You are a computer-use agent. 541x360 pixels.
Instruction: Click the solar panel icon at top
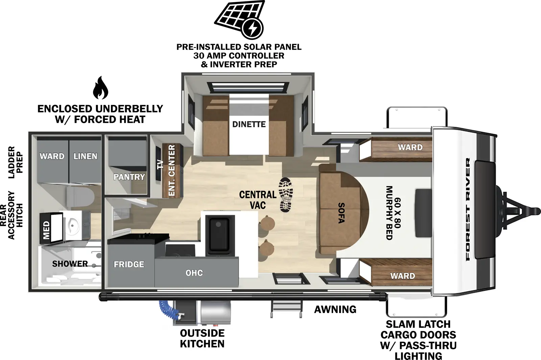[x=239, y=19]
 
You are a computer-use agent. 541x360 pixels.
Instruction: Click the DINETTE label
[x=249, y=125]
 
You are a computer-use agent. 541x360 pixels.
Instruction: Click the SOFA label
[x=342, y=213]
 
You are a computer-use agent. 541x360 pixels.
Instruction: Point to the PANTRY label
[x=129, y=177]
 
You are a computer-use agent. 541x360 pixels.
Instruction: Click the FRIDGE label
[x=129, y=264]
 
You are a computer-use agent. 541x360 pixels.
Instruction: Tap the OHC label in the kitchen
[x=194, y=273]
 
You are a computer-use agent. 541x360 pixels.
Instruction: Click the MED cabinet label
[x=47, y=230]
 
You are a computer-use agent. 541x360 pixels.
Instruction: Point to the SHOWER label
[x=70, y=264]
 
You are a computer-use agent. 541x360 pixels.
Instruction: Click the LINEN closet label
[x=85, y=156]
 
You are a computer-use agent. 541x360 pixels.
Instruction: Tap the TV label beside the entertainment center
[x=160, y=164]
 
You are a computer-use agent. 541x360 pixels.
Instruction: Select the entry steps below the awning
[x=286, y=309]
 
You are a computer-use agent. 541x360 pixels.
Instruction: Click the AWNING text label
[x=335, y=309]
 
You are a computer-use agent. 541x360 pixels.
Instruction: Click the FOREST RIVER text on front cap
[x=468, y=209]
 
